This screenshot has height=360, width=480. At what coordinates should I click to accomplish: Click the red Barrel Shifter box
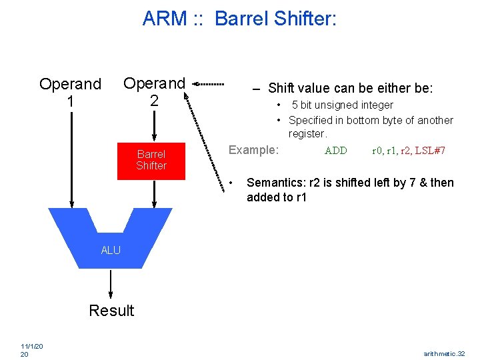151,160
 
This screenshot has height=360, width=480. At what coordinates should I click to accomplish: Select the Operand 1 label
70,93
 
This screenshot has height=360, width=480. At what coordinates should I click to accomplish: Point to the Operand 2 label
154,91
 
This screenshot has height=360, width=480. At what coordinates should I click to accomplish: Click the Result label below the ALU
111,311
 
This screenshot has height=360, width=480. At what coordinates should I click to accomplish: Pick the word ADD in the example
335,151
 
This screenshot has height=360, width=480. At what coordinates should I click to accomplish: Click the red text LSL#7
430,151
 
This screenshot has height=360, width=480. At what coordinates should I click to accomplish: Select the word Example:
253,150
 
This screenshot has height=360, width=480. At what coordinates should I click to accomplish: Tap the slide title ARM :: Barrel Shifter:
239,19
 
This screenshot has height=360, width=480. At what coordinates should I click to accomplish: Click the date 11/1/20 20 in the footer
32,350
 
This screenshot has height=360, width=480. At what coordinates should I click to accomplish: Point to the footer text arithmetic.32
444,353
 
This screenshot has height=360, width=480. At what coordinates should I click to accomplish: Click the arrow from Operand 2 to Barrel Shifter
154,125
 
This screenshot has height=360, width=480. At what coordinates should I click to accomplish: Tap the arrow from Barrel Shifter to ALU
154,194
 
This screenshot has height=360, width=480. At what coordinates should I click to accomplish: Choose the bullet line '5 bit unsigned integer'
342,105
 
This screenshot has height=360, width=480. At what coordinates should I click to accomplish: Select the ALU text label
111,251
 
